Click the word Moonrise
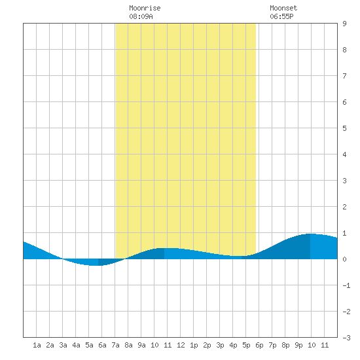tap(145, 8)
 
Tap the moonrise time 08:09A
tap(141, 16)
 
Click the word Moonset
tap(283, 8)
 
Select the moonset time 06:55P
tap(281, 16)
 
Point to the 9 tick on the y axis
tap(344, 24)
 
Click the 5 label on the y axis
tap(344, 128)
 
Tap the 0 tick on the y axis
tap(344, 259)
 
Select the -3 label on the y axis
tap(346, 338)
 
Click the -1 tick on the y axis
tap(346, 285)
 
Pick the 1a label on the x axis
tap(37, 345)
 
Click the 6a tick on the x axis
tap(102, 345)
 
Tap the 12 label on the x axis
tap(181, 345)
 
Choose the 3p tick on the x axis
tap(220, 345)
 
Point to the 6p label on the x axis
tap(259, 345)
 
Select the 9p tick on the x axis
tap(298, 345)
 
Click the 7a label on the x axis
tap(115, 345)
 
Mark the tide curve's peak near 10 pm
tap(310, 234)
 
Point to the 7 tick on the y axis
tap(344, 76)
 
